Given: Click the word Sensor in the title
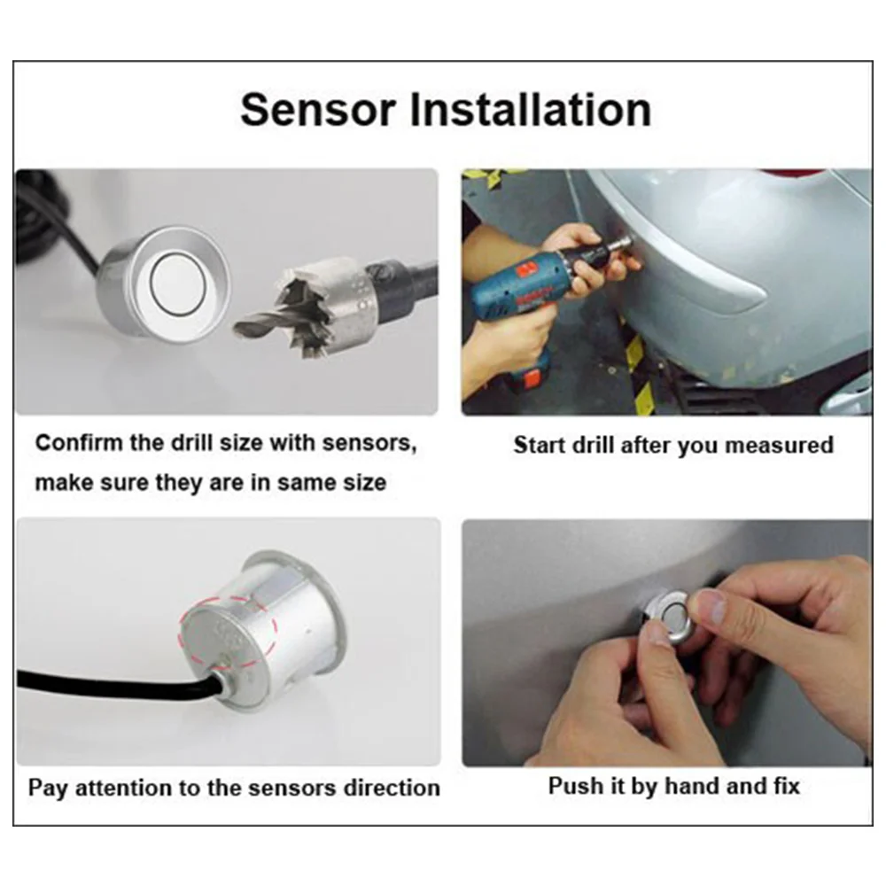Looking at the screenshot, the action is [x=318, y=110].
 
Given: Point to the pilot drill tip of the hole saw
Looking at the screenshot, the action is [x=237, y=328].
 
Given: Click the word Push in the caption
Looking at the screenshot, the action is [x=571, y=786].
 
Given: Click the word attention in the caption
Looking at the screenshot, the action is [x=123, y=788].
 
